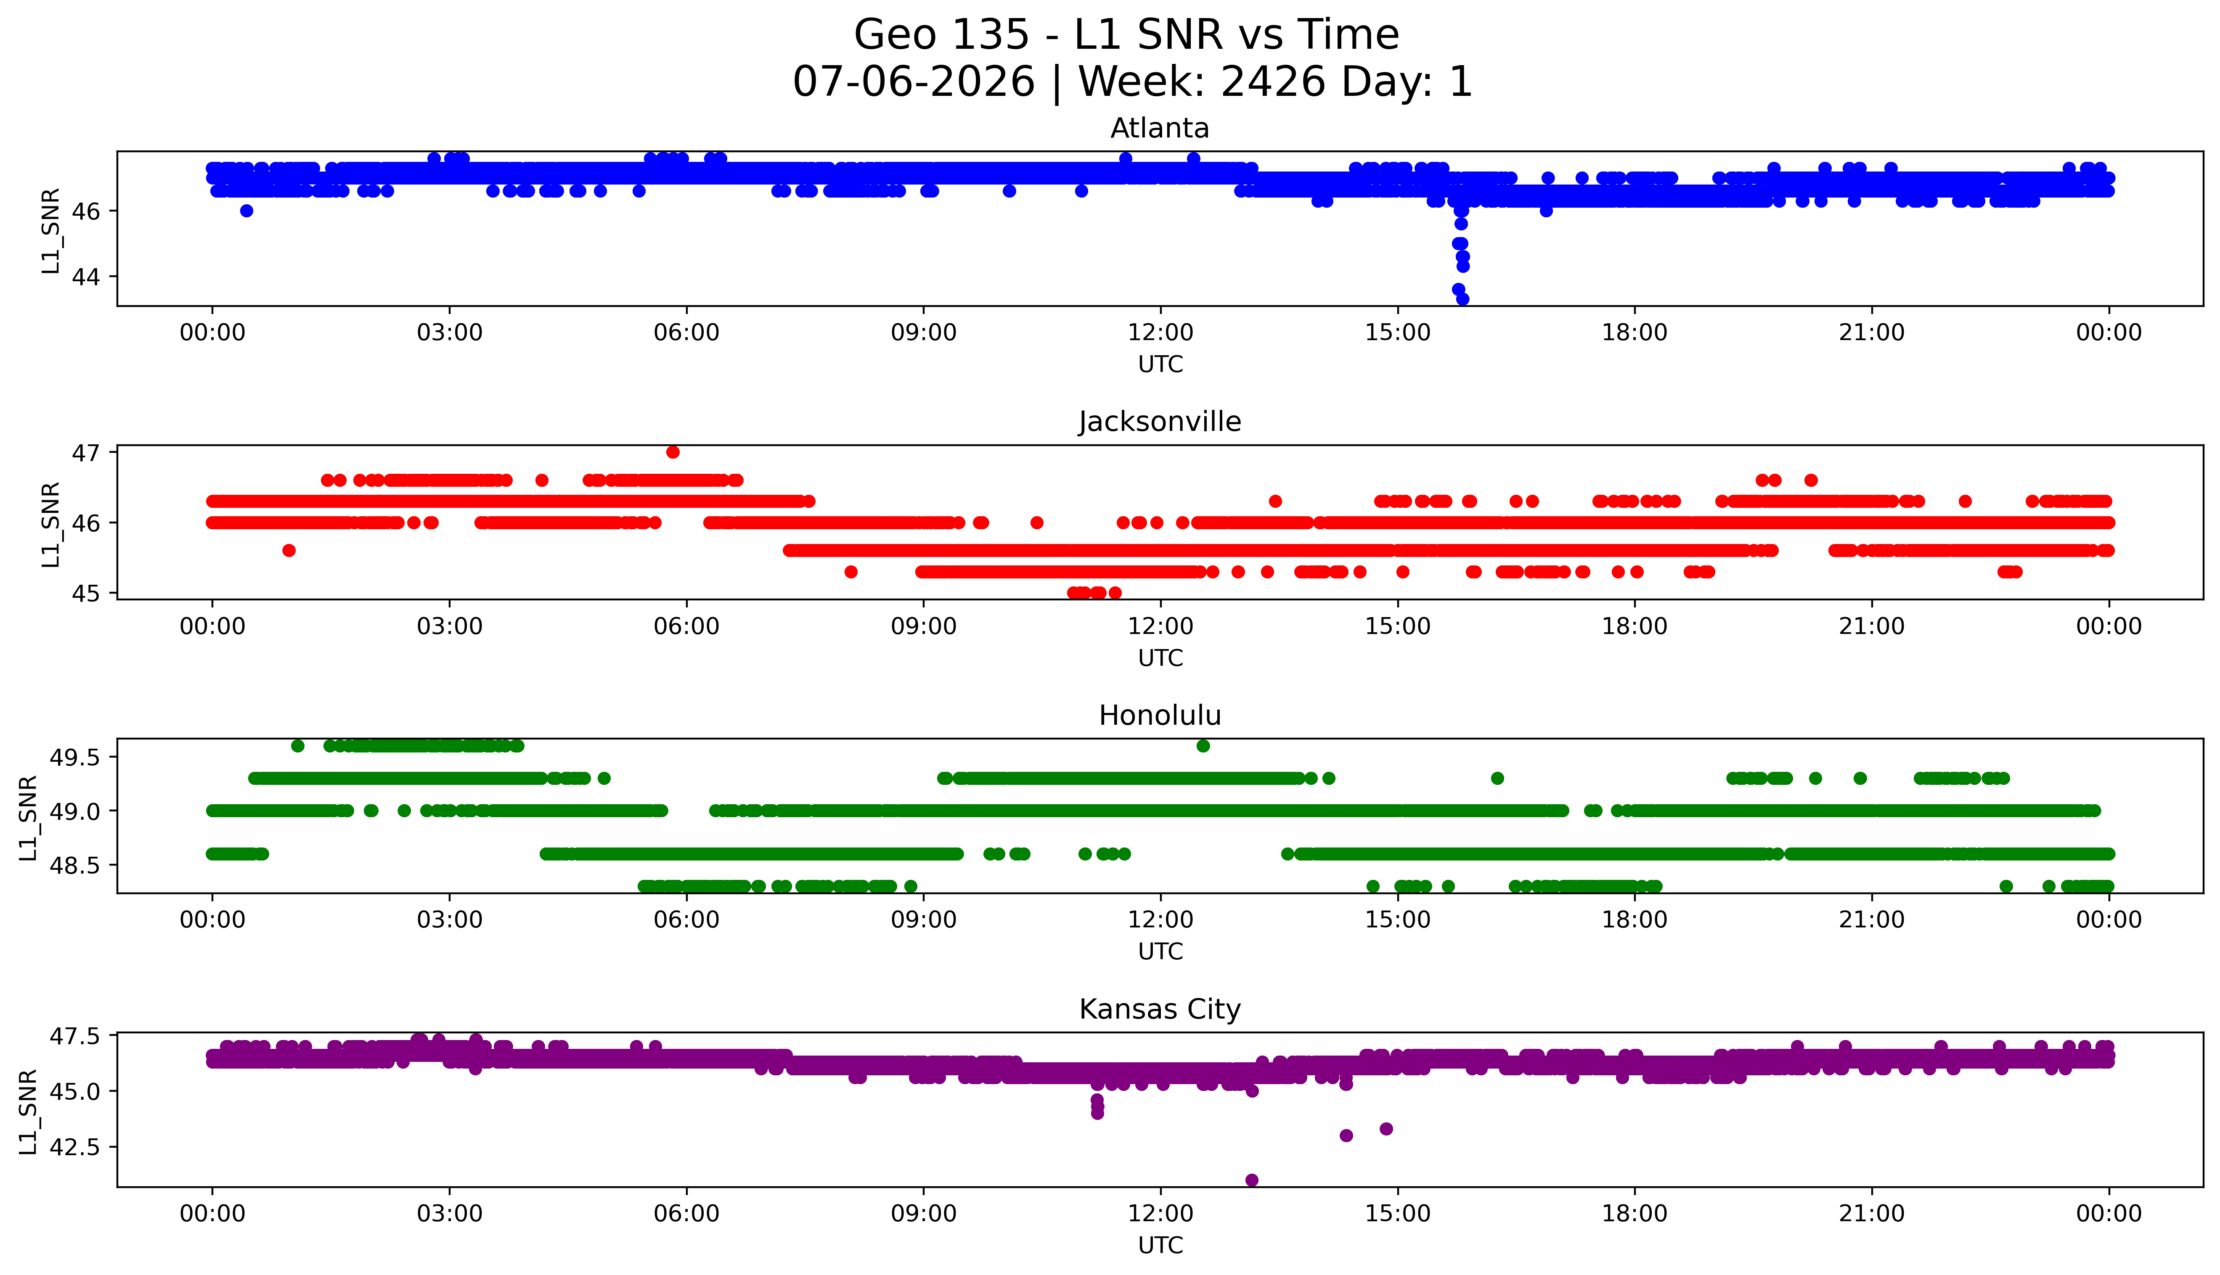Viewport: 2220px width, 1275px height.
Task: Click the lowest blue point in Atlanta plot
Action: pos(1462,298)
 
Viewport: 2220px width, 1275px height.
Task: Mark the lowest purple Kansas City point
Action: pos(1252,1180)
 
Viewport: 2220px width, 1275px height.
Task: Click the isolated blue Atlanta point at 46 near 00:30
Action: pos(246,210)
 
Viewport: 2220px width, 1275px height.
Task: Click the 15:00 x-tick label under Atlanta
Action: pos(1397,333)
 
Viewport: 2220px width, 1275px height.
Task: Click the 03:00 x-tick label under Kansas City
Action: pos(450,1214)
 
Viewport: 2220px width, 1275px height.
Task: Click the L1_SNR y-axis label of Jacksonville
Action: pos(51,524)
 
